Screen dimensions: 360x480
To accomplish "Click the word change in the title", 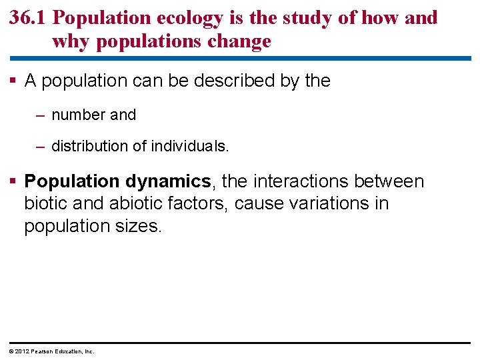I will [x=238, y=41].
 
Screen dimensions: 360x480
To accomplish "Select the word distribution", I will [x=91, y=145].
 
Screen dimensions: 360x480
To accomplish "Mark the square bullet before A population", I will [x=14, y=81].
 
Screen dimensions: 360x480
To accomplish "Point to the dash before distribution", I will [x=41, y=145].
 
